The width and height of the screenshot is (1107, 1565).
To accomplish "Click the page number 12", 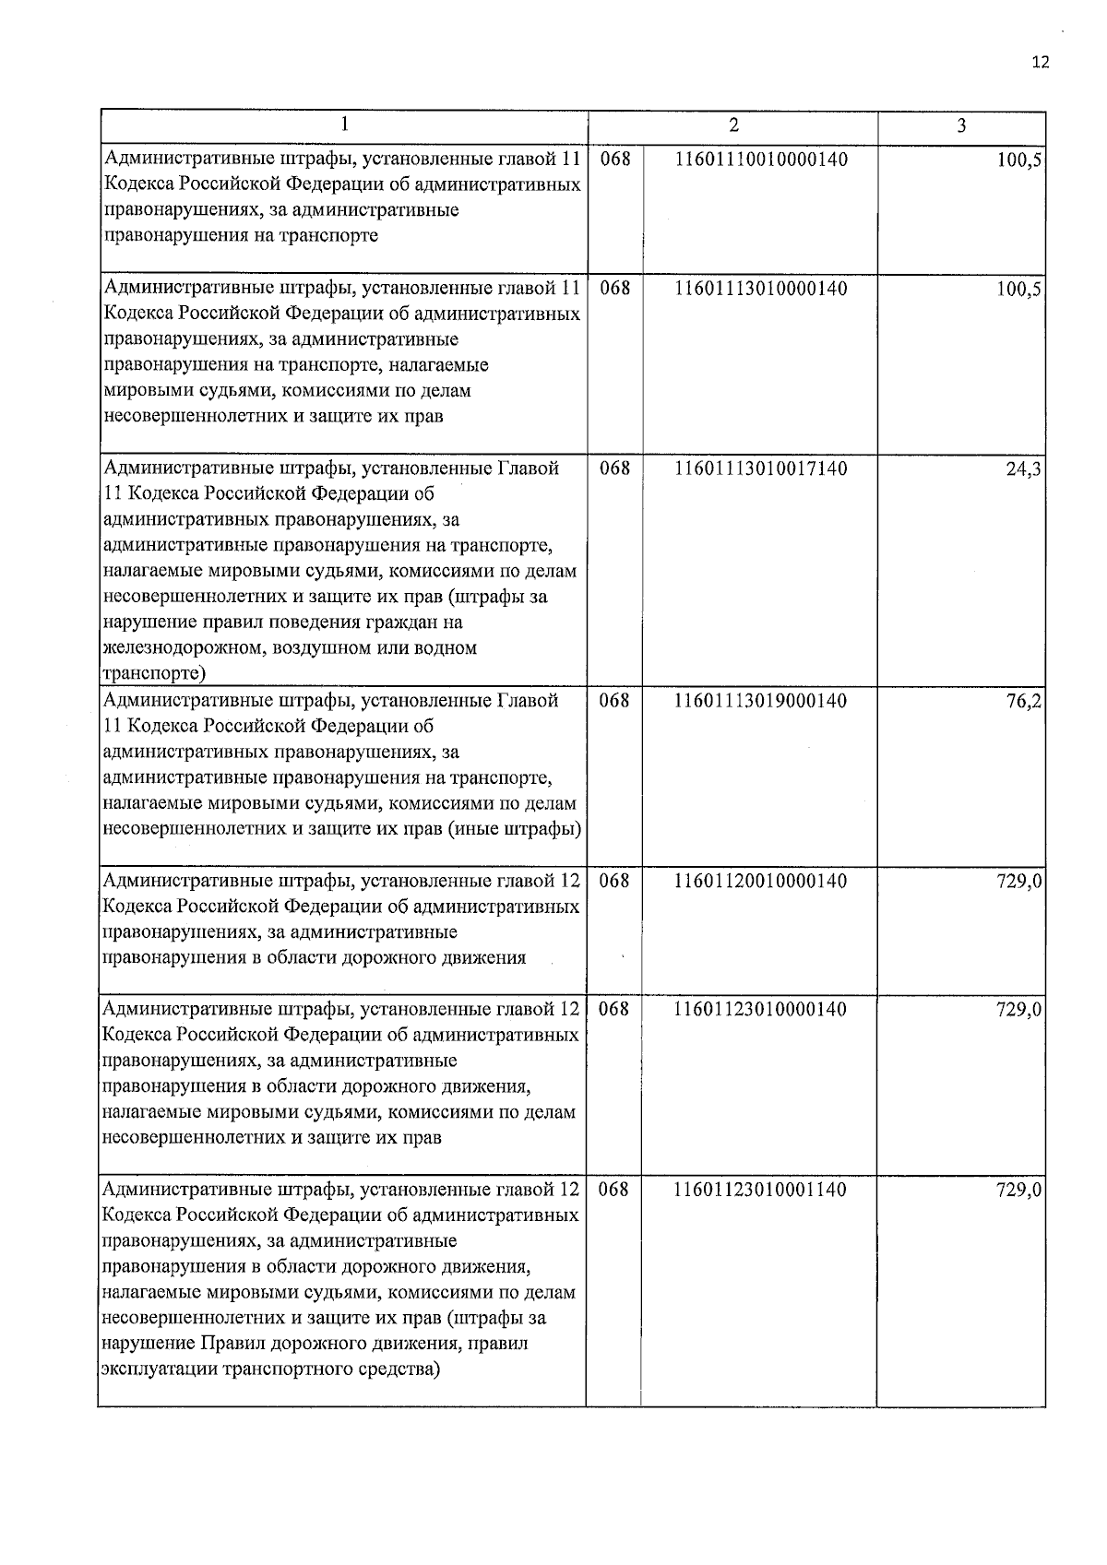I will coord(1041,63).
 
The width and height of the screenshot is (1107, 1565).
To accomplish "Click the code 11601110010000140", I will coord(761,160).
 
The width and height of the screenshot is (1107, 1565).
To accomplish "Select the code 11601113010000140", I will coord(761,289).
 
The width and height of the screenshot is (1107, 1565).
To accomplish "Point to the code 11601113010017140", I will coord(761,468).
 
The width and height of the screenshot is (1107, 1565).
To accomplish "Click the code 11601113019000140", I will coord(761,701).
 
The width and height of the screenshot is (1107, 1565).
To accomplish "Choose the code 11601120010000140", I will coord(761,881).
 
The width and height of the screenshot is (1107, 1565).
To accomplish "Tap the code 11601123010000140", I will coord(761,1009).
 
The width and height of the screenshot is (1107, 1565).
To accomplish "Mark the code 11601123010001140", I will coord(761,1190).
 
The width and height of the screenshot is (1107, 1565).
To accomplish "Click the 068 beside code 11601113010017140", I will coord(614,468).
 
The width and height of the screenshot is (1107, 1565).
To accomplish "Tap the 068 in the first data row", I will coord(614,160).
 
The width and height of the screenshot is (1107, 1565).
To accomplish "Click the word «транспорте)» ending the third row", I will coord(153,673).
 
